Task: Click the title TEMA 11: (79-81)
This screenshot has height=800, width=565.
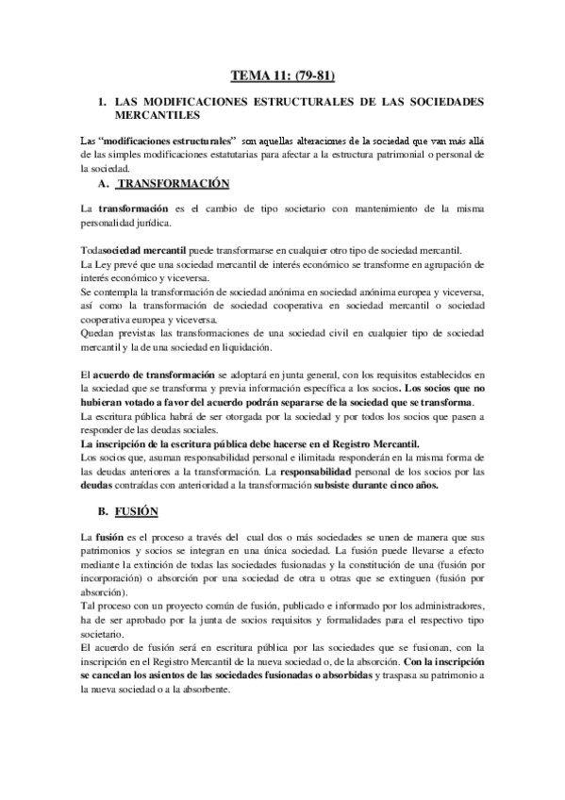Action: point(281,75)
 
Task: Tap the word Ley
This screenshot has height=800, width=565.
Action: point(103,265)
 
